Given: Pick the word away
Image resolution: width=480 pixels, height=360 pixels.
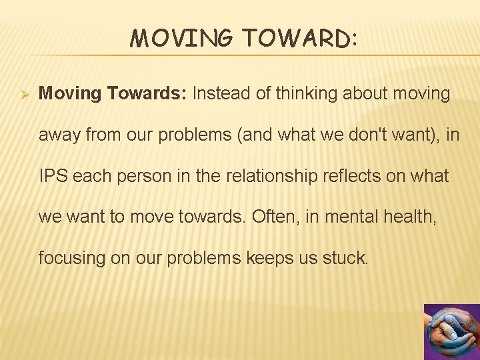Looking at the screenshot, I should [58, 135].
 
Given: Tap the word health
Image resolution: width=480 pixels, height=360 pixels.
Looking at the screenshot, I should [413, 216].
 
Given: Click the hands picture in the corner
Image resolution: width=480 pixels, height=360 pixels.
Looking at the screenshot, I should [451, 331].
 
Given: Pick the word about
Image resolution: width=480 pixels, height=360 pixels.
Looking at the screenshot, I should [369, 93].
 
